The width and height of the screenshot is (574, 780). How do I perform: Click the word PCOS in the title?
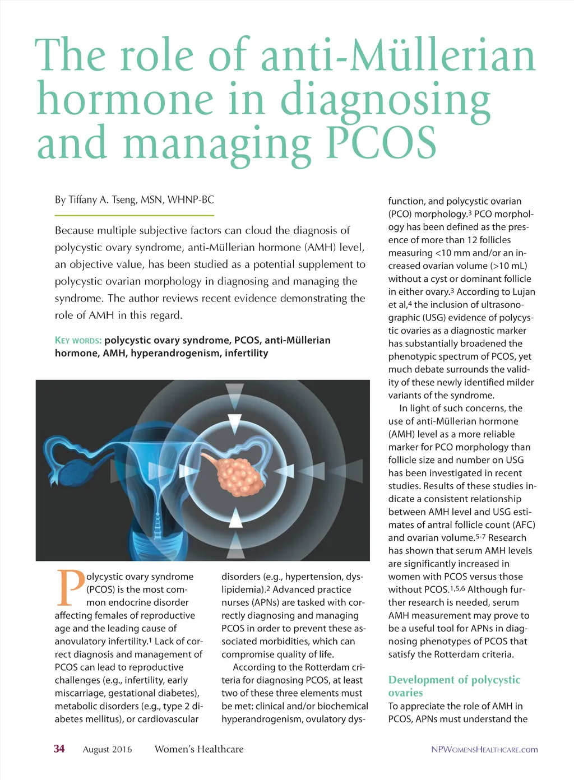[381, 142]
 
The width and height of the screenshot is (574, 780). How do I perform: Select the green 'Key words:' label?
[78, 340]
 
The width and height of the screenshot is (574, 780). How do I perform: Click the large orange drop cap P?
[70, 588]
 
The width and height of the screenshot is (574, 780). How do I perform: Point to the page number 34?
[59, 749]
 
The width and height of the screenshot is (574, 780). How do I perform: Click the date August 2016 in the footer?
[107, 749]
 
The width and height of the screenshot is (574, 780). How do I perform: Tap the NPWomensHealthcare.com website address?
[484, 749]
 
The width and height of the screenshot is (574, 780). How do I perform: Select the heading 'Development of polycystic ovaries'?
[454, 686]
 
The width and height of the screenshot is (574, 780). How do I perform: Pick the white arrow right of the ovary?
[286, 470]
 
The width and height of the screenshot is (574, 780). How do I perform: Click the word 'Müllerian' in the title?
[443, 56]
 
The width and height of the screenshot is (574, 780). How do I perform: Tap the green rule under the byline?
[134, 215]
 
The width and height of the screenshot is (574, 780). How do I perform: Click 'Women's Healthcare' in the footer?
[199, 749]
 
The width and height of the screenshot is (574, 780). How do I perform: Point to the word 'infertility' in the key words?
[247, 353]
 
